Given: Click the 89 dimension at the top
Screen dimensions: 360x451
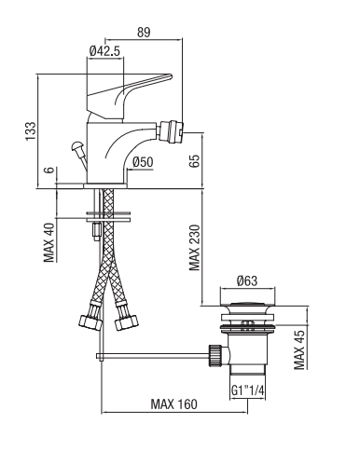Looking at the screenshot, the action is (144, 33).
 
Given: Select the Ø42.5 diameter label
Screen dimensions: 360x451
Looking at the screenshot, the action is (104, 51).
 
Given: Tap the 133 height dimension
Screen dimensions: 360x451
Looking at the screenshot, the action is (31, 130).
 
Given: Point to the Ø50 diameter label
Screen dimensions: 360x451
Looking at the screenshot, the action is (143, 162).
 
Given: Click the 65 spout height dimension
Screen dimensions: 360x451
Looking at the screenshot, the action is (195, 161).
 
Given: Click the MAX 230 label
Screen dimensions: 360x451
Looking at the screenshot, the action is (195, 248).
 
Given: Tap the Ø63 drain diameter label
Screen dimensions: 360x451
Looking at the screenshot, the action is (247, 280).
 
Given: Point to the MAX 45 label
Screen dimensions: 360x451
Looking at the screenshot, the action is (299, 350).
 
